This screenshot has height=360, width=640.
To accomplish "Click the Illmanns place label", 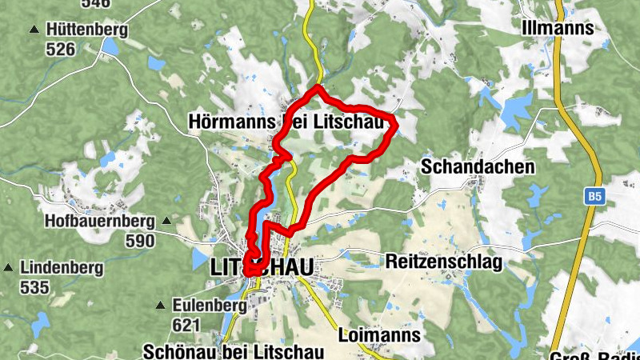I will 557,28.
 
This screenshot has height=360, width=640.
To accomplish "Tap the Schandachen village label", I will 477,167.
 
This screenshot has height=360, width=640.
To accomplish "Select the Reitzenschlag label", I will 443,262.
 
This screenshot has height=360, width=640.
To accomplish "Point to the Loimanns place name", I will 379,334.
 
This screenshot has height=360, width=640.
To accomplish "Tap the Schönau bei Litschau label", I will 233,352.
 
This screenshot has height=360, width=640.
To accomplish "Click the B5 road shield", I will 593,195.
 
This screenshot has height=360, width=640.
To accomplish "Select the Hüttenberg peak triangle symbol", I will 34,30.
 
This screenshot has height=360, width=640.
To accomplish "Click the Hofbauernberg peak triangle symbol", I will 166,220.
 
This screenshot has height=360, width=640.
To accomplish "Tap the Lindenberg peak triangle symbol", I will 8,267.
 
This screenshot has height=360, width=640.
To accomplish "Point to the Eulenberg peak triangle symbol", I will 161,305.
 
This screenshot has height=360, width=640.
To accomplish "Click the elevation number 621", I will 186,325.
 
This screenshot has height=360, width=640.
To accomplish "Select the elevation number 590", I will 140,240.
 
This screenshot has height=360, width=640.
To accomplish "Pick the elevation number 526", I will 60,50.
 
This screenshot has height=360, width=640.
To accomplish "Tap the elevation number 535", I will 34,287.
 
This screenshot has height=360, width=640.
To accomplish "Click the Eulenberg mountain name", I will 210,306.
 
